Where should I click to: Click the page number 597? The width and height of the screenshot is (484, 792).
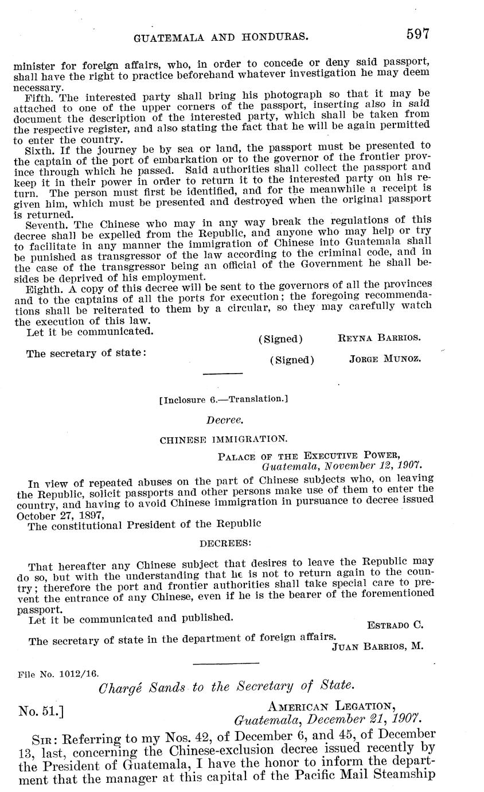pyautogui.click(x=418, y=34)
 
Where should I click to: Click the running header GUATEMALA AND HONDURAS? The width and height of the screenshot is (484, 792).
pyautogui.click(x=221, y=38)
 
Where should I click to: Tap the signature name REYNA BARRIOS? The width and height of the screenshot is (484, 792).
pyautogui.click(x=380, y=337)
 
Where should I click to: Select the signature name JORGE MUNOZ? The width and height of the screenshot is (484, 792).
pyautogui.click(x=385, y=359)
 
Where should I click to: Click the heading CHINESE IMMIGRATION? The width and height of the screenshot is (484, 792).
pyautogui.click(x=224, y=440)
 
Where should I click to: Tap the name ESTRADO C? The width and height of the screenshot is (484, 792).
pyautogui.click(x=395, y=624)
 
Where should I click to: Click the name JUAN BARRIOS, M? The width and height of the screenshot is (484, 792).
pyautogui.click(x=378, y=646)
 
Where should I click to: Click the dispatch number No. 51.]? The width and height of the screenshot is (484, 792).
pyautogui.click(x=41, y=712)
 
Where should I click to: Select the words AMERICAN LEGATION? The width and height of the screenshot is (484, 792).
pyautogui.click(x=331, y=705)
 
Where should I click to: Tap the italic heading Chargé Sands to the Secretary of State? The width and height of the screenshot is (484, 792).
pyautogui.click(x=227, y=686)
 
